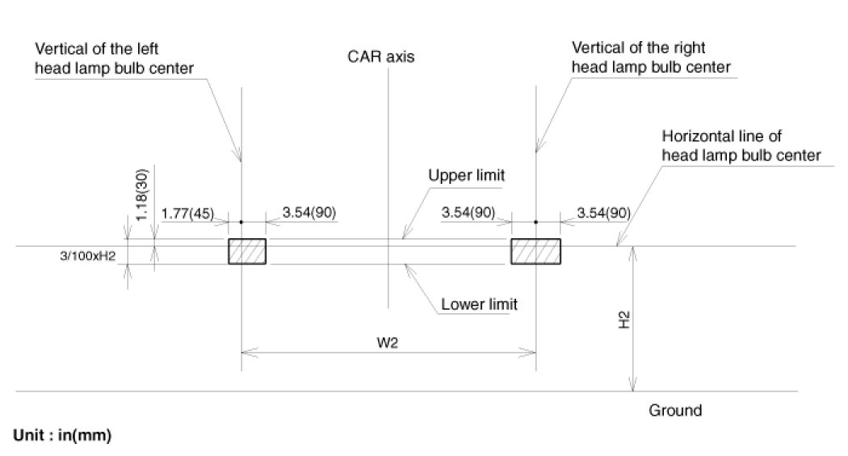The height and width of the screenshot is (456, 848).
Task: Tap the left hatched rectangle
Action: pyautogui.click(x=246, y=252)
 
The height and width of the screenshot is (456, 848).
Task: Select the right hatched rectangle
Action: pyautogui.click(x=535, y=252)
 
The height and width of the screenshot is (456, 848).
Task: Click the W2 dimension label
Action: pyautogui.click(x=389, y=343)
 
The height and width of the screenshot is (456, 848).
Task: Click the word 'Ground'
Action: pyautogui.click(x=675, y=410)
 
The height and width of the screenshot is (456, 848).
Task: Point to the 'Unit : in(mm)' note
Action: pyautogui.click(x=62, y=435)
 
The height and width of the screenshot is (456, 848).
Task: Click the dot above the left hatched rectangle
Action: pyautogui.click(x=241, y=221)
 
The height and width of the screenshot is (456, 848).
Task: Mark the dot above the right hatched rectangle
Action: pyautogui.click(x=536, y=221)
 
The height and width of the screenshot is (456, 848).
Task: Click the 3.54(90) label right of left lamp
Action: pyautogui.click(x=310, y=213)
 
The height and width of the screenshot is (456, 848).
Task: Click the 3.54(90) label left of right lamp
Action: pyautogui.click(x=468, y=213)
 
